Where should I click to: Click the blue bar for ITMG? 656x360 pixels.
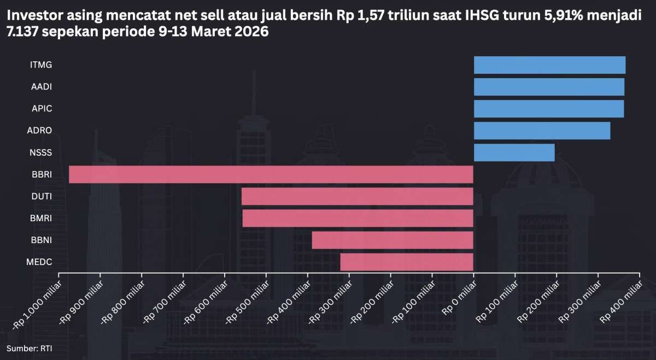click(x=549, y=65)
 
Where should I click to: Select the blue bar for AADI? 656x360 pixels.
click(x=549, y=87)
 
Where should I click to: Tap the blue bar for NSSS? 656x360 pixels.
click(x=514, y=152)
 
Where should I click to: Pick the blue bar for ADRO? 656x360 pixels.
click(x=542, y=131)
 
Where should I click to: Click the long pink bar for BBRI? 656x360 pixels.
click(x=271, y=174)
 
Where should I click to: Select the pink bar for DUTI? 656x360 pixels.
click(x=357, y=196)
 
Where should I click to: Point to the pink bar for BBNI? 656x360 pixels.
click(x=392, y=240)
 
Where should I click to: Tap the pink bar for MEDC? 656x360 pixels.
click(x=406, y=262)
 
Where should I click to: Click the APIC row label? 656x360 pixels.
click(x=42, y=109)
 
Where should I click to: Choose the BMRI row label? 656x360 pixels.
click(x=40, y=218)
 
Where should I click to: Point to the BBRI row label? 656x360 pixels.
click(x=42, y=174)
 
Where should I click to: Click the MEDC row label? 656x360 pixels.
click(x=39, y=262)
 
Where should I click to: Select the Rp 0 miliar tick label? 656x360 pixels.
click(x=458, y=294)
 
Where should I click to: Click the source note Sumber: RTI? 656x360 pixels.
click(x=30, y=348)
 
